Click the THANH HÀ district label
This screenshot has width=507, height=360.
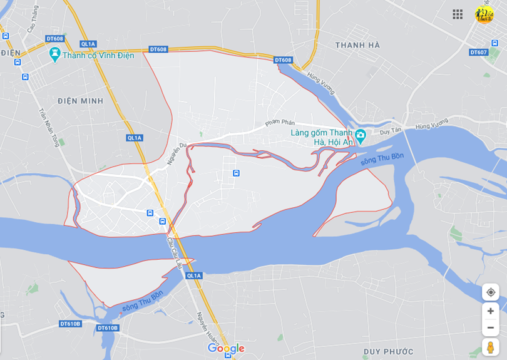point(357,45)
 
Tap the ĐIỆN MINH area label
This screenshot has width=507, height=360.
point(80,101)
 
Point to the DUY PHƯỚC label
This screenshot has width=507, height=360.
point(388,351)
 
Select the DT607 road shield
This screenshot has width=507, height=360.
point(478,52)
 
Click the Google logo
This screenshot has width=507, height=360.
point(226,349)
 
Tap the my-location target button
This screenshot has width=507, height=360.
point(490,292)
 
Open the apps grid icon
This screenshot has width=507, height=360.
point(458,14)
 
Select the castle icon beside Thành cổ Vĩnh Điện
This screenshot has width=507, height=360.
point(55,55)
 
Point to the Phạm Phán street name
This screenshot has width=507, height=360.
point(280,122)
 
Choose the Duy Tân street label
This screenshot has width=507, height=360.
point(389,131)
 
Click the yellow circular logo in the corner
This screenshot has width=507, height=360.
point(484,14)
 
